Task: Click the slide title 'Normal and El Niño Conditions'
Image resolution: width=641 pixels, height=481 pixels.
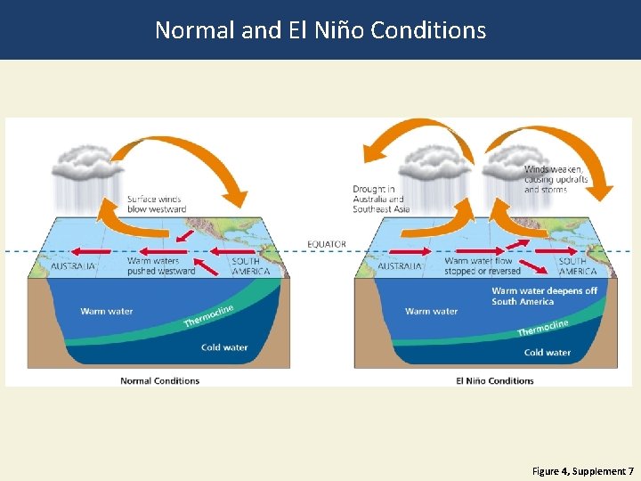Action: (320, 30)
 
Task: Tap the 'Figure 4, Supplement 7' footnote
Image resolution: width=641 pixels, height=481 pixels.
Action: (583, 470)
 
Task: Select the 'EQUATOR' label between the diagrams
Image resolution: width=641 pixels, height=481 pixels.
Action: (327, 244)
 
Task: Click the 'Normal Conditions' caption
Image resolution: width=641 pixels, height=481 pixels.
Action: (160, 380)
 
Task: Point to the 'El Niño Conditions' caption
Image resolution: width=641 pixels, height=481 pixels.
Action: (495, 380)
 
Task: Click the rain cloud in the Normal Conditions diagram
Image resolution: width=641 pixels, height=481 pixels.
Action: (85, 164)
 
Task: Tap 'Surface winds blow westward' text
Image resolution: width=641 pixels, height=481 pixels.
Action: (157, 204)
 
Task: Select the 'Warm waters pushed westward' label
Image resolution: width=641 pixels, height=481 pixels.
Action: (161, 265)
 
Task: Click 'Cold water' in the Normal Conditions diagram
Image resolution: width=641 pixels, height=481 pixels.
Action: (224, 347)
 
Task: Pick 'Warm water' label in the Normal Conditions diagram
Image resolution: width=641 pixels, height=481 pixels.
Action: (107, 311)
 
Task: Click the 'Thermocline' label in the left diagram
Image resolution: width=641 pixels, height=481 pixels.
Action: (208, 315)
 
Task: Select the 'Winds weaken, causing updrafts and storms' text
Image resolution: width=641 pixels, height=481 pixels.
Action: (553, 179)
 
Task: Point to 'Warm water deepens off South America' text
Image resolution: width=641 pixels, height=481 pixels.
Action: (544, 296)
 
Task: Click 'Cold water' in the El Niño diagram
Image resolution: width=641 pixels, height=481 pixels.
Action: (548, 352)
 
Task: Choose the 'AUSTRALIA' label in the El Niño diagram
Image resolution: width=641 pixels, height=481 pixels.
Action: (401, 265)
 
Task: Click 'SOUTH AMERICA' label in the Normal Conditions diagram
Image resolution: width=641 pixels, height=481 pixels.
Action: (251, 265)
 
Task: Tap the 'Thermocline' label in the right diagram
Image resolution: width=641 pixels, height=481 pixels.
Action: (542, 328)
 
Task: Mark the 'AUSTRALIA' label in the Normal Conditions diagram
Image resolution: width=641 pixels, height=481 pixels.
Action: (74, 265)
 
